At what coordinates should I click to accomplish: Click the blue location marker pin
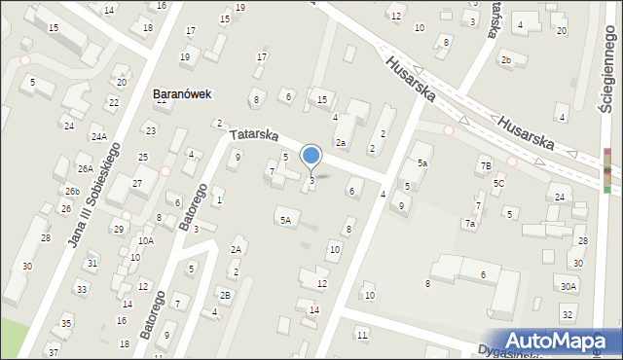(x=311, y=155)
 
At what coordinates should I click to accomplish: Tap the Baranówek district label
(x=182, y=94)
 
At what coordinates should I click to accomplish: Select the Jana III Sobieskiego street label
(x=93, y=196)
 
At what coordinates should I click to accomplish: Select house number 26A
(x=86, y=169)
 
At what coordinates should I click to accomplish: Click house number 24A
(x=98, y=137)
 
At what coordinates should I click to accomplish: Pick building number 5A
(x=285, y=221)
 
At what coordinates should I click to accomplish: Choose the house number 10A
(x=145, y=240)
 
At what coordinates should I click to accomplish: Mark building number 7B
(x=485, y=166)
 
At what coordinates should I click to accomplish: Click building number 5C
(x=498, y=183)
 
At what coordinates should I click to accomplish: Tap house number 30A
(x=568, y=286)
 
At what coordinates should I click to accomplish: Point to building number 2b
(x=505, y=60)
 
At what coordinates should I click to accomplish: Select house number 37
(x=53, y=351)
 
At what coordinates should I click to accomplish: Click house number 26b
(x=73, y=192)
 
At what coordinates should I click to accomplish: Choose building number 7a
(x=469, y=224)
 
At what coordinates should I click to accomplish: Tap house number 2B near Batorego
(x=225, y=295)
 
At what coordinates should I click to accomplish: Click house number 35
(x=66, y=323)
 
